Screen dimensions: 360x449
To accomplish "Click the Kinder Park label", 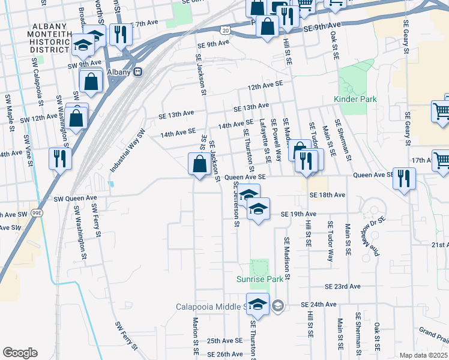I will tap(355, 98).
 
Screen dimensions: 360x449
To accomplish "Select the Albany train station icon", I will tap(138, 71).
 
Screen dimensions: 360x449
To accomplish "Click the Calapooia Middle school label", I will tap(212, 307).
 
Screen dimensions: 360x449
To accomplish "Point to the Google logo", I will tap(20, 353).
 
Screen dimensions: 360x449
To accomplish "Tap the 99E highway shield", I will tap(37, 212).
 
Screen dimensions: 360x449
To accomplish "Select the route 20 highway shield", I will tap(224, 29).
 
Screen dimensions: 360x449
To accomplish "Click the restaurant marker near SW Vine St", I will tap(59, 158).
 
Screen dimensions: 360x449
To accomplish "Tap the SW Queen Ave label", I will tap(75, 198).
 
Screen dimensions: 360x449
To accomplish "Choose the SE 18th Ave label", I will tap(328, 195).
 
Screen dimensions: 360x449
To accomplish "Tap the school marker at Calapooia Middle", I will tap(258, 304).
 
